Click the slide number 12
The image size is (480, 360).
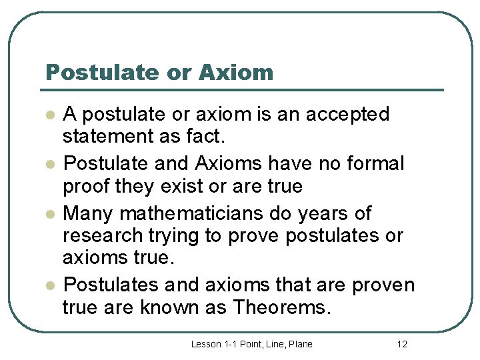(401, 344)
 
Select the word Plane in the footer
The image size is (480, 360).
(299, 344)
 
